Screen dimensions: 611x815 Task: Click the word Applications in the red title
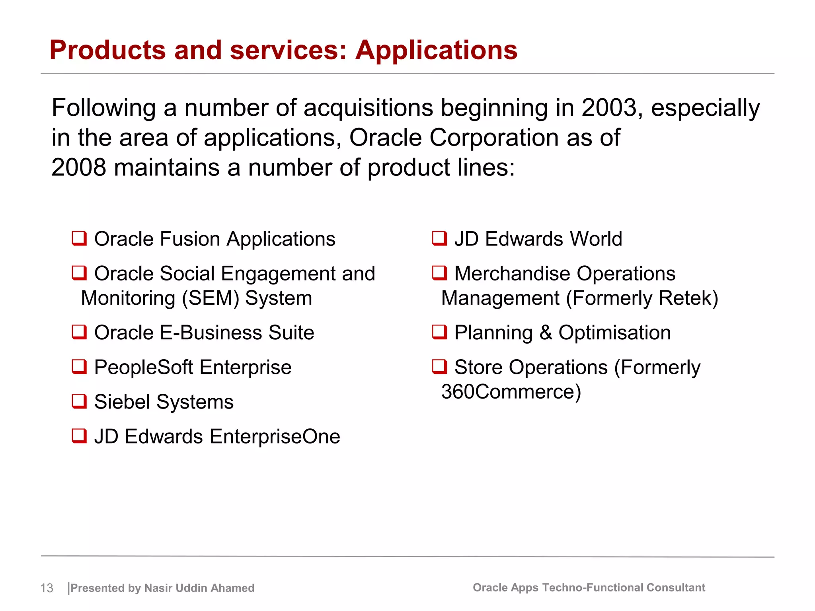[436, 51]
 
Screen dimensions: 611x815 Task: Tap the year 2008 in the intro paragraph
[79, 167]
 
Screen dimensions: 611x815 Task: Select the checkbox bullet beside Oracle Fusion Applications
[79, 239]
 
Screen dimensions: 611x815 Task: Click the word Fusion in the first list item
[190, 239]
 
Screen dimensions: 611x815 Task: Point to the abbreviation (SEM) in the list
[210, 298]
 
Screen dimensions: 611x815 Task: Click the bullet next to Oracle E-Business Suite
[79, 332]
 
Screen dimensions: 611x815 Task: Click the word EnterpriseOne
[275, 437]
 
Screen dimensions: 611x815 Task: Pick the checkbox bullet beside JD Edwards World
[439, 239]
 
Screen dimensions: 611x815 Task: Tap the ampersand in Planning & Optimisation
[546, 333]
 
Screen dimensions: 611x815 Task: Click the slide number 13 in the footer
[47, 588]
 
